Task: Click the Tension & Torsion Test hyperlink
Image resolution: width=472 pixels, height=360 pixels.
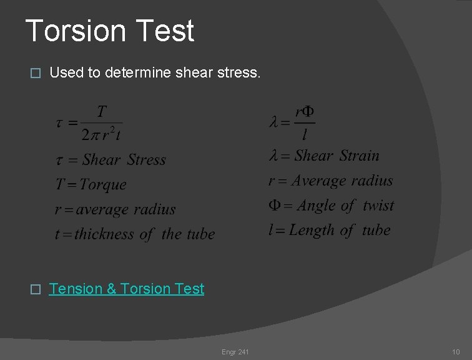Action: (126, 289)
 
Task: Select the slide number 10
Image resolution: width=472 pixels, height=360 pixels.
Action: (456, 352)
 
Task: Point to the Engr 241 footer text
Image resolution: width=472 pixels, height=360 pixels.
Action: (235, 352)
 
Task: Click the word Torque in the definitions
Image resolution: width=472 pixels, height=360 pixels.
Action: (103, 185)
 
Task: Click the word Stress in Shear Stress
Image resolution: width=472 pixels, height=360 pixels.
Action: (147, 160)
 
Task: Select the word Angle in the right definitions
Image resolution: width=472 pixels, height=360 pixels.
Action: (317, 206)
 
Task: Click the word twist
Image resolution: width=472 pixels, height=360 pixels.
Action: (378, 206)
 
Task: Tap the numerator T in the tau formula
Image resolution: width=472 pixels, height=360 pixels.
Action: (102, 112)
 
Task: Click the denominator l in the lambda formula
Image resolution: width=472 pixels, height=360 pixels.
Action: (305, 134)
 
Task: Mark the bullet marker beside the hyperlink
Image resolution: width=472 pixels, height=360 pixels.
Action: (35, 289)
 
